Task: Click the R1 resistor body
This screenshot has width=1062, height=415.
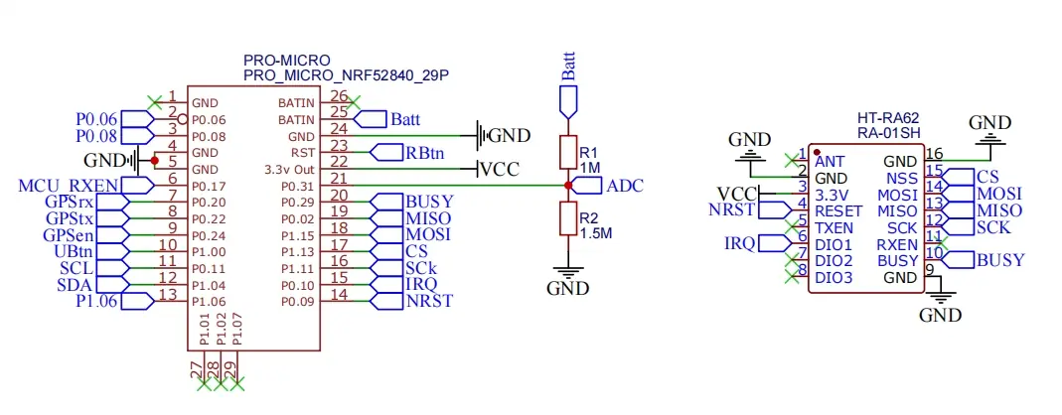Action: (567, 152)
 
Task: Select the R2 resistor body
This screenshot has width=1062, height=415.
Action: (567, 217)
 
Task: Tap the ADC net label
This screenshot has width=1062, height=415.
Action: (625, 186)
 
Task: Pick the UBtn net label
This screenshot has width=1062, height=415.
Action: (76, 251)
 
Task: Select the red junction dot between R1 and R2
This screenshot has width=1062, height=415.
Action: (567, 186)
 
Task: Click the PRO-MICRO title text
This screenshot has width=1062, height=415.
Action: (286, 61)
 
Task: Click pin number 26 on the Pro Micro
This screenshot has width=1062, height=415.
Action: (339, 96)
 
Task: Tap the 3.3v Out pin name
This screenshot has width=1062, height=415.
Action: (291, 169)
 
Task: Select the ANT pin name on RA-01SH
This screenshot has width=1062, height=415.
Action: (831, 160)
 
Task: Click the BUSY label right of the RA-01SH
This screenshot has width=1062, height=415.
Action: (999, 260)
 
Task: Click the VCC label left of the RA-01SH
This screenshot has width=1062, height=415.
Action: (738, 193)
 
